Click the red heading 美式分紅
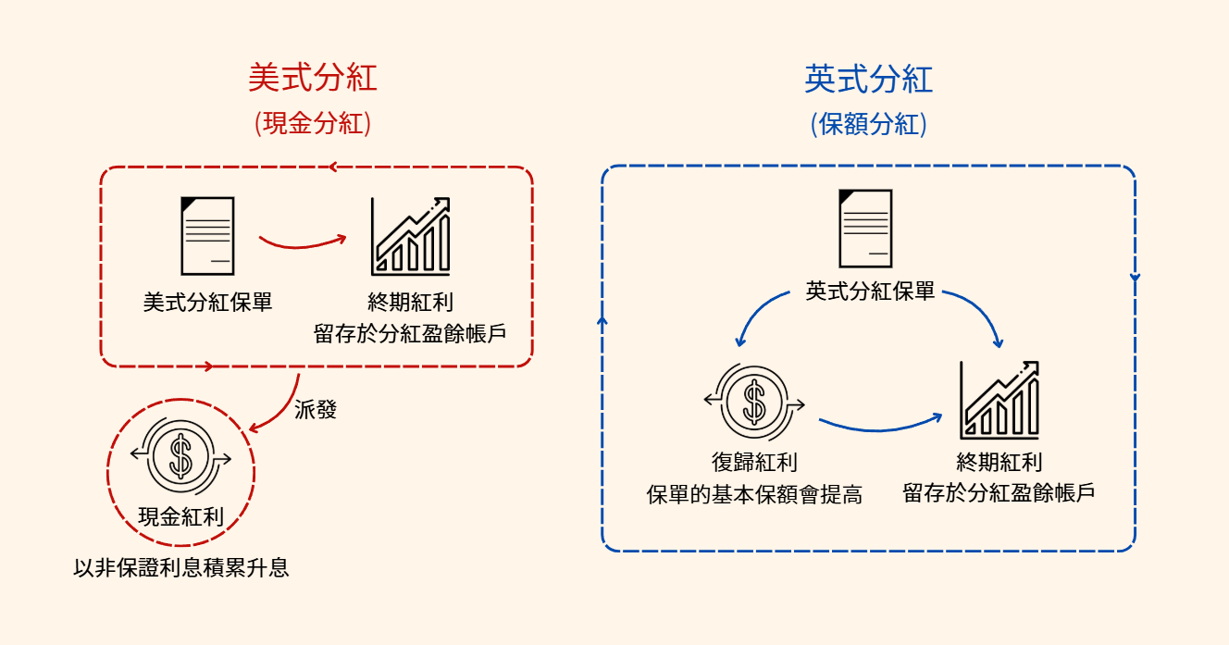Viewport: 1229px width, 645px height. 313,78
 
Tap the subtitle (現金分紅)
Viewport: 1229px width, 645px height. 313,124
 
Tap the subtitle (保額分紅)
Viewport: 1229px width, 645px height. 868,124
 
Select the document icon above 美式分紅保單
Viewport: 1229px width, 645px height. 207,236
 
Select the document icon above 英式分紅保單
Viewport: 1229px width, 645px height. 865,228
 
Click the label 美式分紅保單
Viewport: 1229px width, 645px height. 207,303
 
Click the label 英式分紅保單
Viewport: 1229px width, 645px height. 871,292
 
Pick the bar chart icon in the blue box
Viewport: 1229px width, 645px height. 999,401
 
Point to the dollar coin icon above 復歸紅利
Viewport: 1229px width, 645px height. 754,401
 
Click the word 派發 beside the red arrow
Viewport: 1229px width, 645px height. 315,410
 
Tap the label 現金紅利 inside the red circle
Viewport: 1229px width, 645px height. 180,516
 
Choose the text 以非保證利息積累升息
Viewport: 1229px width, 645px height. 181,567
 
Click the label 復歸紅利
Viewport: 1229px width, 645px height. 754,463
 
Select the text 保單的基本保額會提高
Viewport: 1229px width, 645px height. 754,495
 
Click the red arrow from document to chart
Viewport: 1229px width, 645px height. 302,243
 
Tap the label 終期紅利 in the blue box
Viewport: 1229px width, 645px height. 999,462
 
